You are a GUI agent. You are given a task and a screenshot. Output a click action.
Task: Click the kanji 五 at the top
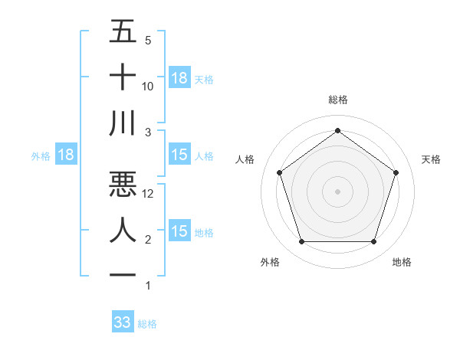(123, 32)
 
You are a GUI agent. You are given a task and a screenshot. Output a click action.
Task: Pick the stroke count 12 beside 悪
(149, 195)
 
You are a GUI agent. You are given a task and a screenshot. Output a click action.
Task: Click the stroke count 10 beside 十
(149, 87)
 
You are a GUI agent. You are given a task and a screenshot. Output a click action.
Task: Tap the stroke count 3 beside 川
(148, 133)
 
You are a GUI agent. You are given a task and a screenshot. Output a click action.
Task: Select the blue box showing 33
(123, 322)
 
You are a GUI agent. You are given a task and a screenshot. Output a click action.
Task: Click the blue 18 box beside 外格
(66, 155)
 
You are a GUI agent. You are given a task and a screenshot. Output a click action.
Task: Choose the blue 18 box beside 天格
(179, 77)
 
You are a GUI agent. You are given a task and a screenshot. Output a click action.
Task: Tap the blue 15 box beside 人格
(179, 155)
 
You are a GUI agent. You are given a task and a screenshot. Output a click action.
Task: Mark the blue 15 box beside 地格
(179, 231)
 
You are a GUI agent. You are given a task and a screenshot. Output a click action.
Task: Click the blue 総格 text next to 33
(147, 324)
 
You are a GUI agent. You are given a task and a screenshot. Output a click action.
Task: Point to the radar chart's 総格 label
(338, 100)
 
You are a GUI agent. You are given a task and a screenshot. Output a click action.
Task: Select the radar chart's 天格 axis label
(432, 159)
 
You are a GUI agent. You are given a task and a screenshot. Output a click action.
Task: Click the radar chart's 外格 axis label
(270, 262)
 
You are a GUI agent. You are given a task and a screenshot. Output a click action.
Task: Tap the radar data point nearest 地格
(373, 242)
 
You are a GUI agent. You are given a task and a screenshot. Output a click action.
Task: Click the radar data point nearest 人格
(279, 172)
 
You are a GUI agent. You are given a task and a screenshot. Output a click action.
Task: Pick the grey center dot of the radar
(337, 191)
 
